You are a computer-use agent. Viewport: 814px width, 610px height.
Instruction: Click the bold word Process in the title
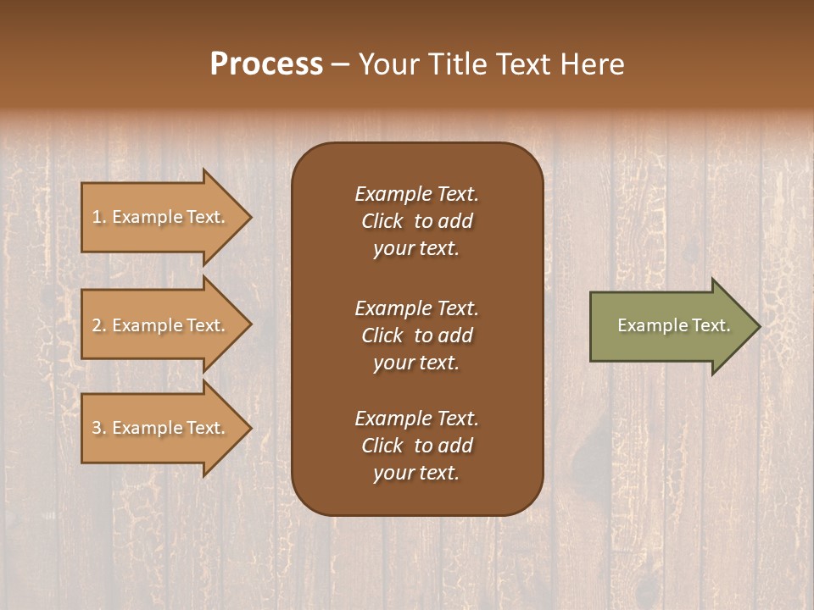pos(266,64)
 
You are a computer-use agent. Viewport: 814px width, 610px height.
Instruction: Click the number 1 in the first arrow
pos(97,217)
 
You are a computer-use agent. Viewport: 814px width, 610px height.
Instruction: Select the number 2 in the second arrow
pos(97,325)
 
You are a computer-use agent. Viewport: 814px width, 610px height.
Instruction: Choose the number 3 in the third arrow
pos(97,428)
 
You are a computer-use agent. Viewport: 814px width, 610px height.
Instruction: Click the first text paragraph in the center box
pos(416,221)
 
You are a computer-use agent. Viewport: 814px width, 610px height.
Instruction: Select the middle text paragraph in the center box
pos(416,335)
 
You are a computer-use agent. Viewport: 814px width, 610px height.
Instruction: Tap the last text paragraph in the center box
pos(416,446)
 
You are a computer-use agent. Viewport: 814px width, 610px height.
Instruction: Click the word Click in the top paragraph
pos(382,221)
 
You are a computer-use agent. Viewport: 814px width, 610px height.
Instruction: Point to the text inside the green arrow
pos(673,325)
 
